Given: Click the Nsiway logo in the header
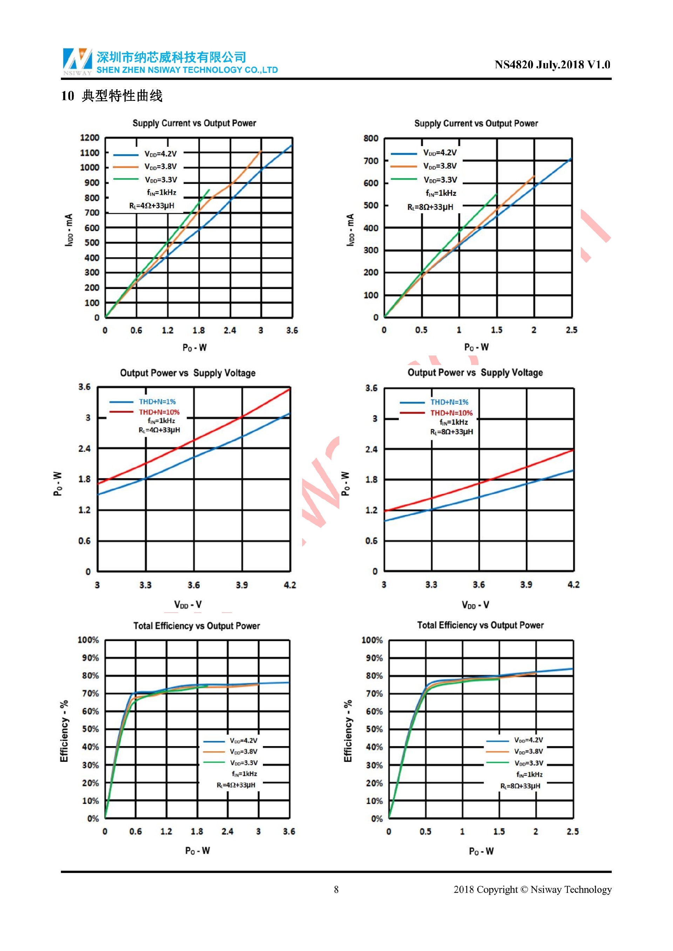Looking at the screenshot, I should (77, 61).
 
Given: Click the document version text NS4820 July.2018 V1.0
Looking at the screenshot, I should (552, 64).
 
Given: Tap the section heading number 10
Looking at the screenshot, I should (67, 96).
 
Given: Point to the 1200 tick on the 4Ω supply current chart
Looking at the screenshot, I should (89, 138).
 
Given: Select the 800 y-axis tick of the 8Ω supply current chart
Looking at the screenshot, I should (371, 138).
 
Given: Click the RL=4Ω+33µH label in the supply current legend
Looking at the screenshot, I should (152, 206).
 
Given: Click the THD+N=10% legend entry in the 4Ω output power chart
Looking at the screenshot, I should (159, 412).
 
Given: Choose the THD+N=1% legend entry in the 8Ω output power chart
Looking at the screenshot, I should (449, 402).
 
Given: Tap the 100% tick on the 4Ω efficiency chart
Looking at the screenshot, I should (88, 640).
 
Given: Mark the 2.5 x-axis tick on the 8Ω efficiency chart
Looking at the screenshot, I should (572, 831).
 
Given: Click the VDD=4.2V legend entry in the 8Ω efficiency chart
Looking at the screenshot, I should (528, 740).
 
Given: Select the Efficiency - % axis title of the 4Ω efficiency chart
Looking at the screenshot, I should (64, 731).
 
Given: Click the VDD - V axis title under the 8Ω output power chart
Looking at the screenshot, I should (475, 605).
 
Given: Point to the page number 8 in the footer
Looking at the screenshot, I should (336, 889).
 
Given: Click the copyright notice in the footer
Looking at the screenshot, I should (532, 889).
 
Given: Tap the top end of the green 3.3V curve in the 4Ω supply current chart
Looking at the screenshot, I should (209, 190).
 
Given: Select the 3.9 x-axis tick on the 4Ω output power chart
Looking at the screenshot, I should (242, 585).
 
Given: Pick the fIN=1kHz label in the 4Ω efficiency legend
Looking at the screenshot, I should (244, 774).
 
